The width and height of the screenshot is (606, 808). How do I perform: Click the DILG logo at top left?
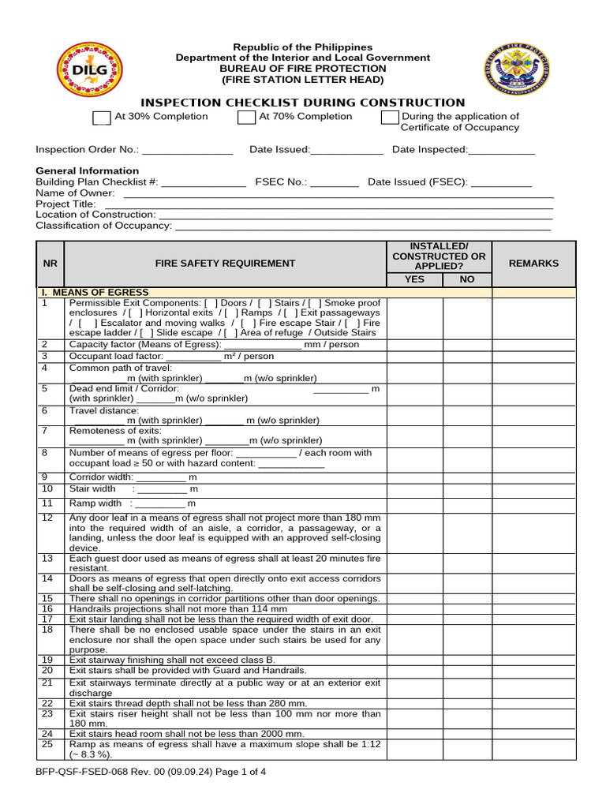[89, 69]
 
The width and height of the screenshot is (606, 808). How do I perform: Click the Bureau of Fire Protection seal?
[516, 69]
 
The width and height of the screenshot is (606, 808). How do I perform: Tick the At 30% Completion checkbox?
[101, 118]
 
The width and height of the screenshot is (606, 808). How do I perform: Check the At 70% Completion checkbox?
[246, 118]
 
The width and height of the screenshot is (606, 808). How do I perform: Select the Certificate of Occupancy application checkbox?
[390, 118]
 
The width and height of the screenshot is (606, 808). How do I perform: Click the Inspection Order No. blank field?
[187, 151]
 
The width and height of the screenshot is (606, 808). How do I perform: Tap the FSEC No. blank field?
[335, 183]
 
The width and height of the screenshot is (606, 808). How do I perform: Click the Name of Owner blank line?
[339, 194]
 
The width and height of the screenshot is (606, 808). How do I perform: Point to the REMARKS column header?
[533, 264]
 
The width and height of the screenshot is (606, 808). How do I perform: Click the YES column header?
[414, 279]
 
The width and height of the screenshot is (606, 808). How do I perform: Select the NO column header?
[467, 279]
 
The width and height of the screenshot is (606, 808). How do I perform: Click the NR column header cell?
[51, 264]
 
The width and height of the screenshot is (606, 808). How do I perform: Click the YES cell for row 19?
[414, 660]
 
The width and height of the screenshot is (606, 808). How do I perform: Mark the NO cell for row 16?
[467, 609]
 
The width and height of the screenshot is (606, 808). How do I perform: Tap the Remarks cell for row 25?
[533, 749]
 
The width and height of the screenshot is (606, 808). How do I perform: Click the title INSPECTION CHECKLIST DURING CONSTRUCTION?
[302, 103]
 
